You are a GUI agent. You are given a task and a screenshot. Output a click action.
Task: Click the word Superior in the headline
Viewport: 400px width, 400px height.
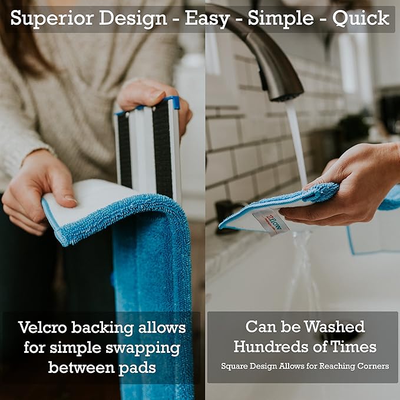point(48,18)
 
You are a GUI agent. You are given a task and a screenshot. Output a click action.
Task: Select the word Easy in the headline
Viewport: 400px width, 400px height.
point(206,18)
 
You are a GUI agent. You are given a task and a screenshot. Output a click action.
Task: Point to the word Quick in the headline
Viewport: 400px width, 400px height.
point(361,18)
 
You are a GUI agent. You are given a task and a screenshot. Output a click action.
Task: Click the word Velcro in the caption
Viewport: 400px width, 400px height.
point(47,328)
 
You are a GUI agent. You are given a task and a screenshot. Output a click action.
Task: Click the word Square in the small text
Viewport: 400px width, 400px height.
point(236,366)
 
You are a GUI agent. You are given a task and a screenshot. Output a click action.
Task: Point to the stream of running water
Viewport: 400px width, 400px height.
point(297,141)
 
